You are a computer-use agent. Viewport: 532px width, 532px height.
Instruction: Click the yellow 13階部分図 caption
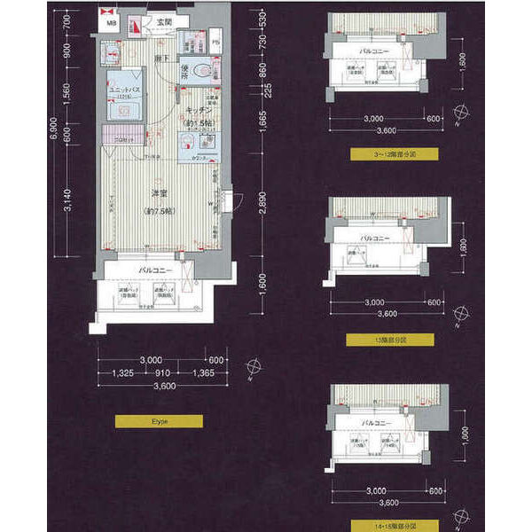(x=391, y=340)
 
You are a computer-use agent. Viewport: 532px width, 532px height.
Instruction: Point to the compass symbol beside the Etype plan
(x=253, y=364)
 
